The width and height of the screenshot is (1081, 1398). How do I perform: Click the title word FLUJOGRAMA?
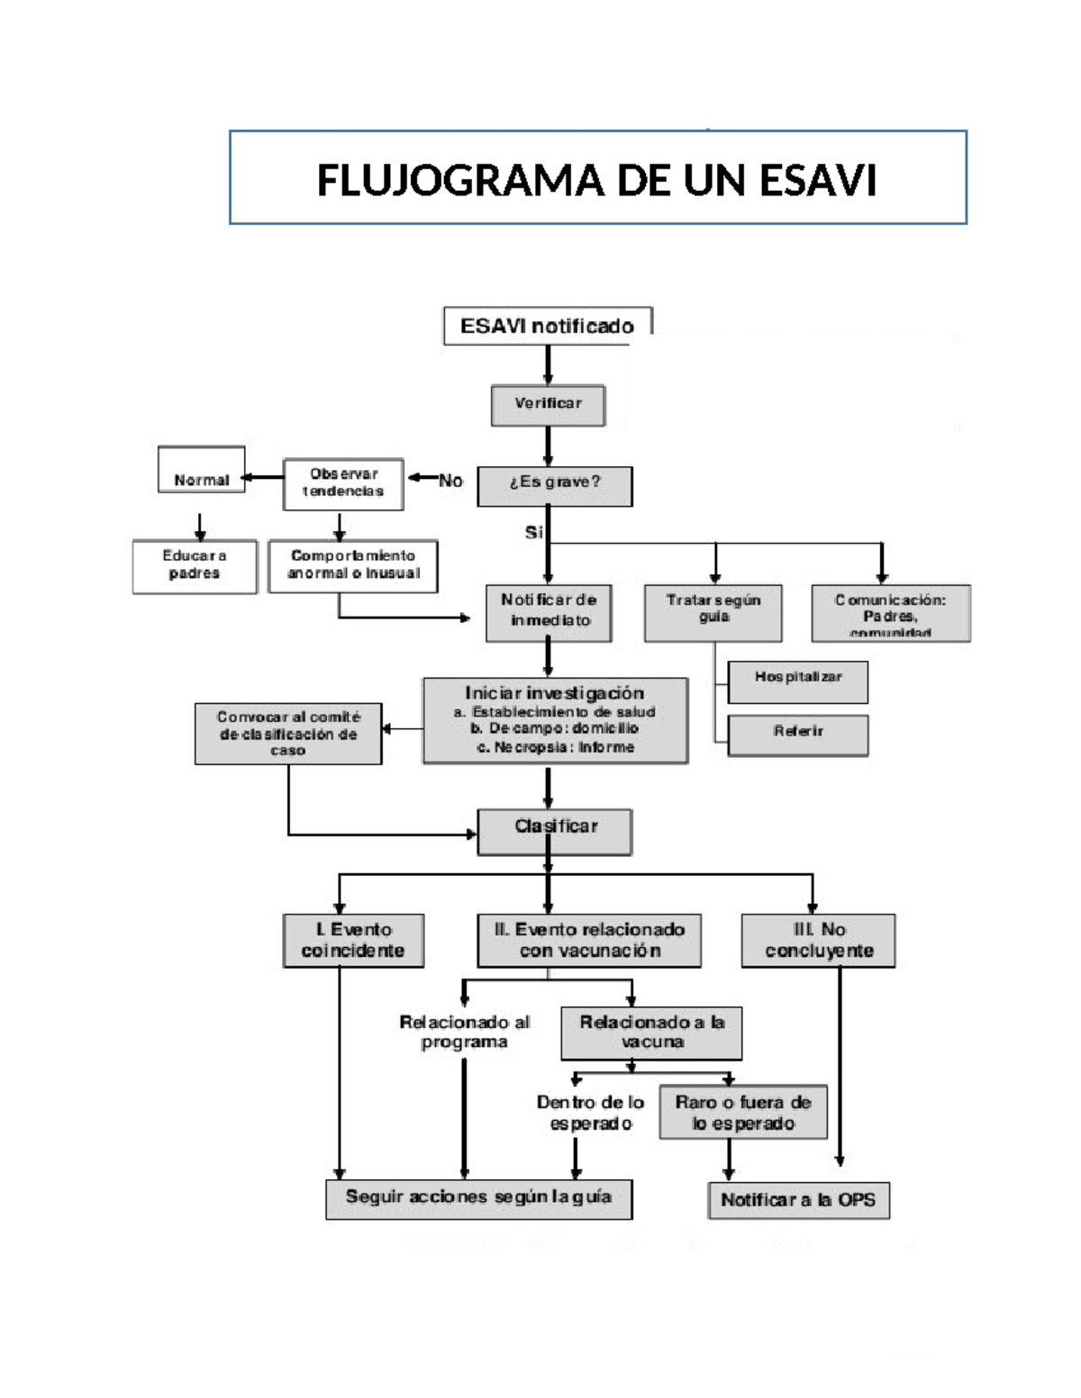click(x=459, y=180)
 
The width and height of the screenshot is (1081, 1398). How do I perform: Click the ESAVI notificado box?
click(x=547, y=326)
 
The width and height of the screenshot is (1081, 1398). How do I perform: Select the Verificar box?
click(x=548, y=405)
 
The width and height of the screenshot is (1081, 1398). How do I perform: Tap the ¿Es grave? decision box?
click(x=554, y=485)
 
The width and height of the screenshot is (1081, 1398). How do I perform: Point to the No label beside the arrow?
click(x=450, y=481)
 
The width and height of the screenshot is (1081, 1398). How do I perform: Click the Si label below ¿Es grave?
click(x=533, y=532)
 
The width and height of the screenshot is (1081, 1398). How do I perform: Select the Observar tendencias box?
click(x=343, y=483)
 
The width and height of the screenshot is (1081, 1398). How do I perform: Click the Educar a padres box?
click(x=195, y=565)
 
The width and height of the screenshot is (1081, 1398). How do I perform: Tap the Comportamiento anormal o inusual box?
click(x=353, y=565)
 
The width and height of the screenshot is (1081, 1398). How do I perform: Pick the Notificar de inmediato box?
click(x=549, y=612)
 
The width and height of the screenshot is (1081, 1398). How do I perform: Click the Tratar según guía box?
click(x=713, y=612)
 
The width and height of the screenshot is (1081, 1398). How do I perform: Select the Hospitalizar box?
click(x=798, y=681)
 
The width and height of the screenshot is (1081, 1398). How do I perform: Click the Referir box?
click(x=798, y=734)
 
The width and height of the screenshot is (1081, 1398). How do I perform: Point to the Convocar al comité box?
click(x=288, y=734)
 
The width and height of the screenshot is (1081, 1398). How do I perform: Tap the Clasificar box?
click(x=555, y=830)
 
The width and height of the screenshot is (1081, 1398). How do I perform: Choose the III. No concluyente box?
click(x=818, y=941)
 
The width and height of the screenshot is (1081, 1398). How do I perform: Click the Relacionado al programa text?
click(x=465, y=1032)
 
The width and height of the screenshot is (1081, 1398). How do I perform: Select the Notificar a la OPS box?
click(x=798, y=1200)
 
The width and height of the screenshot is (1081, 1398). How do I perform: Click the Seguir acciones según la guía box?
click(x=478, y=1198)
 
